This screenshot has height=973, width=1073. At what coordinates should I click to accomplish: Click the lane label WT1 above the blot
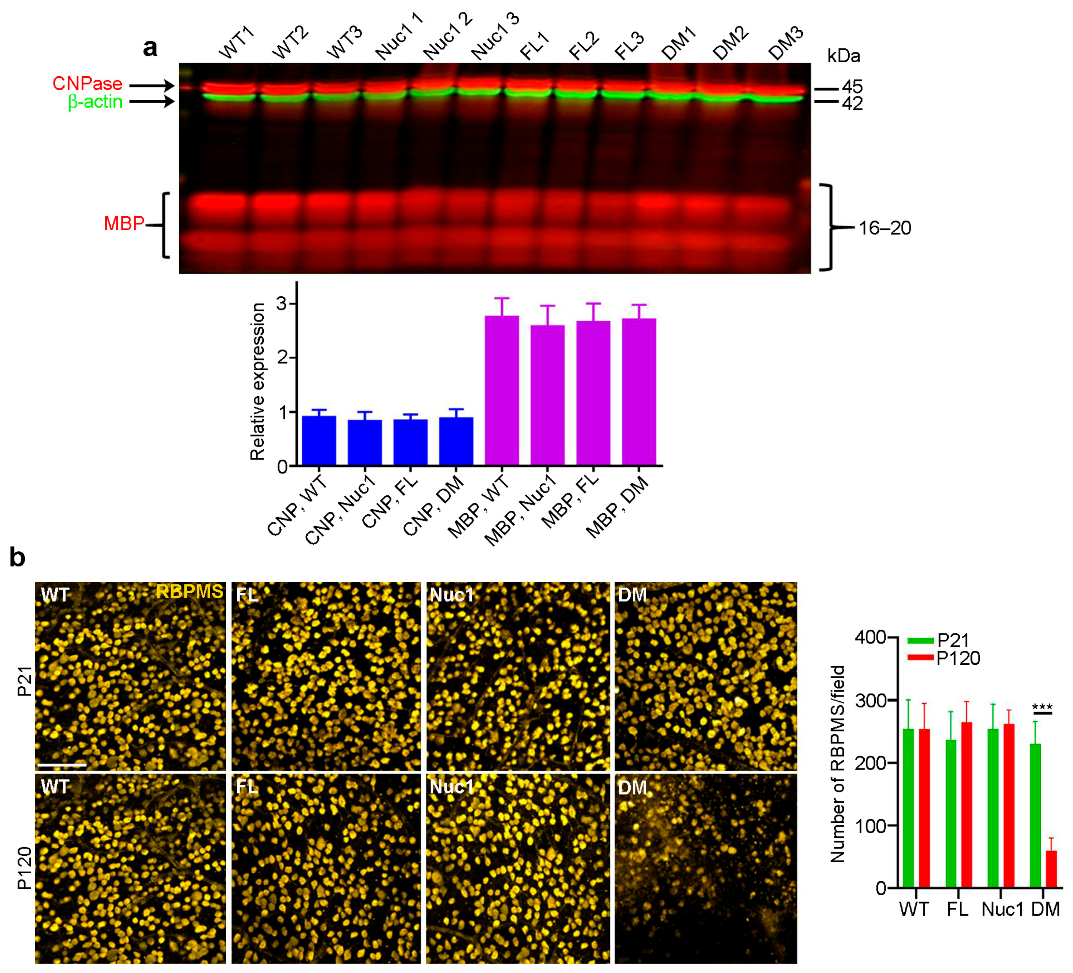pyautogui.click(x=236, y=44)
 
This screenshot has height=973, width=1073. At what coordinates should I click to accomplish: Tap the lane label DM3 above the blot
pyautogui.click(x=785, y=44)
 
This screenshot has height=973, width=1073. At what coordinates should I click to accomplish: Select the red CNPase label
pyautogui.click(x=87, y=84)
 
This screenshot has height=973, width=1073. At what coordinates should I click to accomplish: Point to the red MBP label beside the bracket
pyautogui.click(x=124, y=223)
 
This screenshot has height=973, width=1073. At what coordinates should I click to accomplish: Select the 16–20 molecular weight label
pyautogui.click(x=885, y=228)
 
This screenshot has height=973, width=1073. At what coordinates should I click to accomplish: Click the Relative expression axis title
pyautogui.click(x=257, y=381)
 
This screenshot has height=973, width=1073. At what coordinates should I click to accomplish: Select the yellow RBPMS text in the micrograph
pyautogui.click(x=190, y=592)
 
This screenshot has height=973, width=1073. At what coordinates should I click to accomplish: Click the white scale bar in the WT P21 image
pyautogui.click(x=62, y=765)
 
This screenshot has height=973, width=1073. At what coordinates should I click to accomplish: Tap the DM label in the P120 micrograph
pyautogui.click(x=632, y=788)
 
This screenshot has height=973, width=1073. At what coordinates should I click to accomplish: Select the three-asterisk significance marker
pyautogui.click(x=1042, y=708)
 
